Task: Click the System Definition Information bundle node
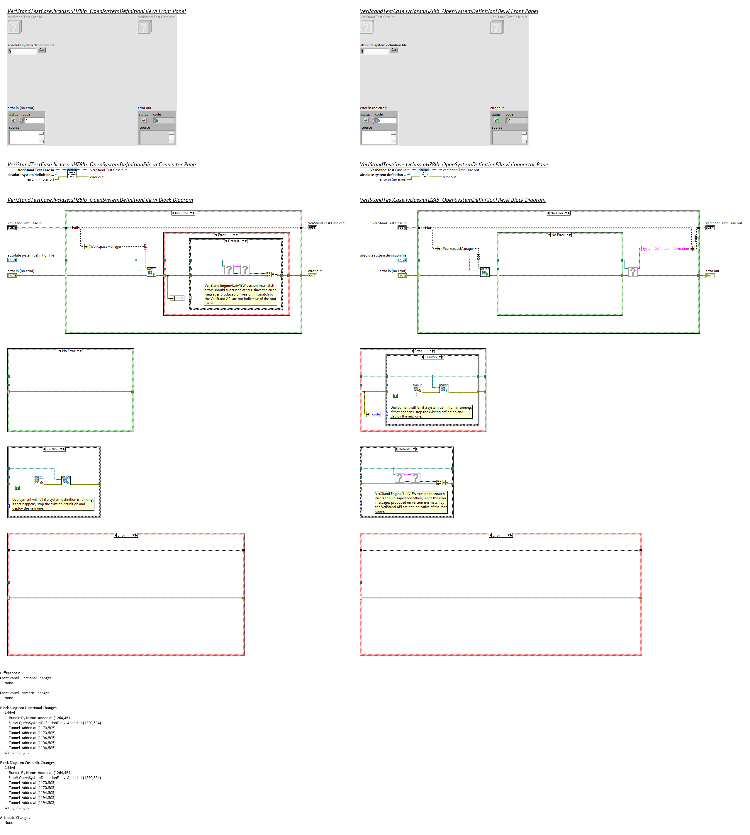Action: (665, 249)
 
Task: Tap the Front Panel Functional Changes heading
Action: (26, 678)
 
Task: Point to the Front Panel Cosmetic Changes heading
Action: (25, 693)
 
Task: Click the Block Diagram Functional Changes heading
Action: (28, 708)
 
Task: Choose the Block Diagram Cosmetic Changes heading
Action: (27, 763)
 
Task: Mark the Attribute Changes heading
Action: (15, 818)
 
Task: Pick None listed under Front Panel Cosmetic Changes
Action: (9, 698)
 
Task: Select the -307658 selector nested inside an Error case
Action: (432, 357)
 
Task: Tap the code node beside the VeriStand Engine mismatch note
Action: (179, 298)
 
